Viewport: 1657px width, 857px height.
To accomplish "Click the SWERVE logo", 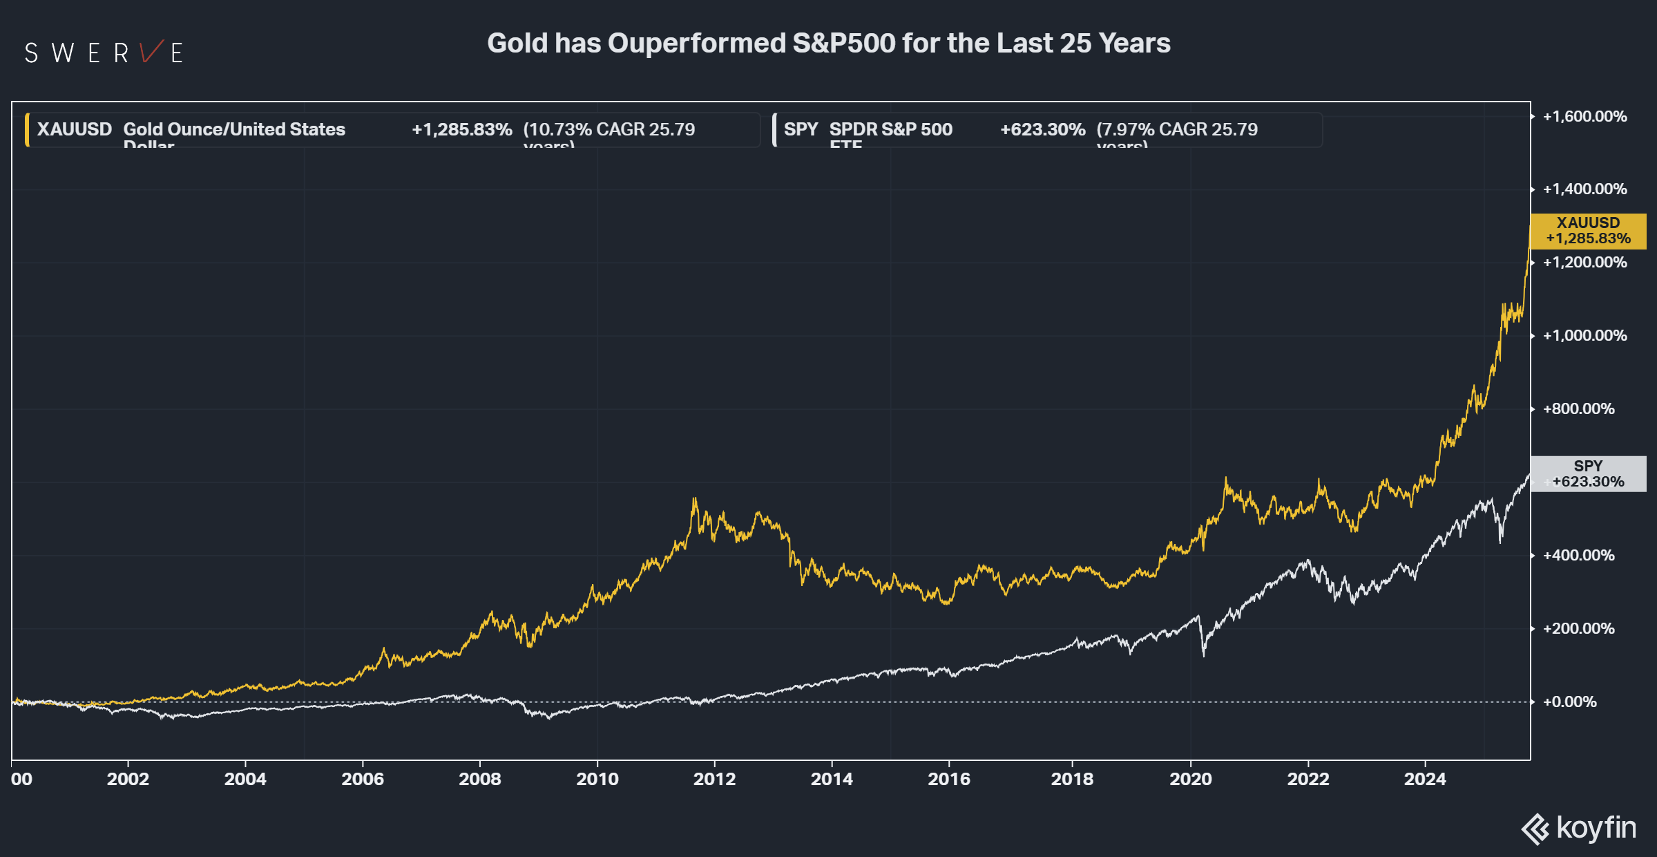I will coord(104,53).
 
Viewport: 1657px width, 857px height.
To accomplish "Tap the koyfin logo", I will coord(1579,828).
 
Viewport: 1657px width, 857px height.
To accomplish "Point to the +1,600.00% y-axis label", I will coord(1584,116).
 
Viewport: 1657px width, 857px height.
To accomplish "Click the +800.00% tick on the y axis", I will coord(1578,409).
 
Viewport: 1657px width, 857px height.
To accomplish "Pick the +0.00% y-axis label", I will coord(1569,702).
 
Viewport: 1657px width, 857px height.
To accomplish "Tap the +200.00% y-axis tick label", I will coord(1578,629).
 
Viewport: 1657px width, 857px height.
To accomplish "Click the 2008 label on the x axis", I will coord(479,779).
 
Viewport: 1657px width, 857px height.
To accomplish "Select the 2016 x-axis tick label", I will coord(948,779).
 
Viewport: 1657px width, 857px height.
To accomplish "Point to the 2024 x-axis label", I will coord(1424,779).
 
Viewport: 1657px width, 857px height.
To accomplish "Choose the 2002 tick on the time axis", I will coord(128,779).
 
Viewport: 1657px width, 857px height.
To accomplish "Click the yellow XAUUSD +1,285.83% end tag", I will coord(1588,231).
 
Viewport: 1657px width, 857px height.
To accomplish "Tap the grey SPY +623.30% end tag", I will coord(1588,474).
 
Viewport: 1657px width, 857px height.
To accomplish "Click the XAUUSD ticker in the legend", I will coord(74,129).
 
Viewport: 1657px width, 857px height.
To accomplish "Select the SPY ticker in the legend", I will coord(800,129).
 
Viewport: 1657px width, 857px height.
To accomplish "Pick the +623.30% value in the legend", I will coord(1042,129).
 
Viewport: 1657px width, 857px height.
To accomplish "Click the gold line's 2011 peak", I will coord(694,499).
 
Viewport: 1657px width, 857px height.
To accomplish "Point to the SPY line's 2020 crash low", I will coord(1204,654).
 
